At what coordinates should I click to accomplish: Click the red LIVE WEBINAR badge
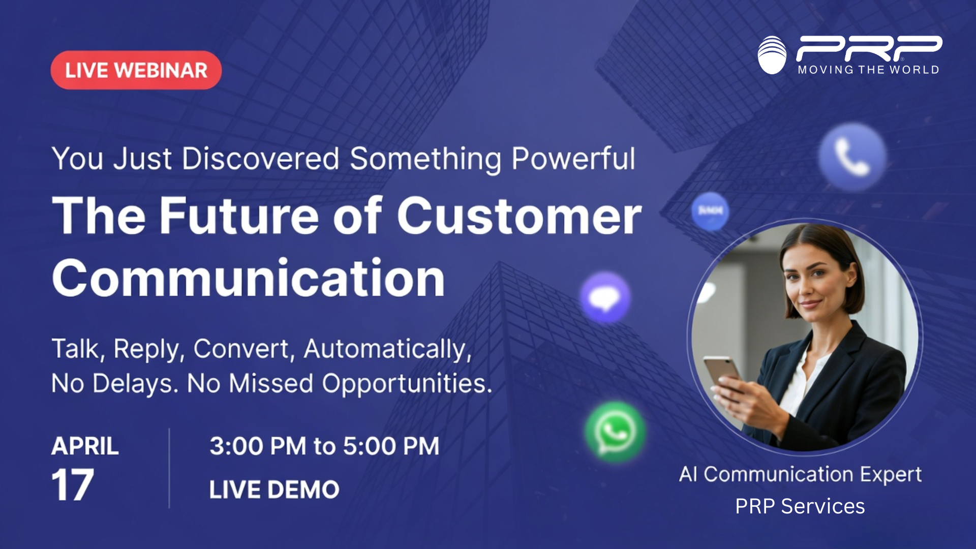[136, 70]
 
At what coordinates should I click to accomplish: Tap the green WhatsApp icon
[615, 432]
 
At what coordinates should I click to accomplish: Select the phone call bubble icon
[852, 157]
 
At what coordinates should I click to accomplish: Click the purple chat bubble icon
[605, 298]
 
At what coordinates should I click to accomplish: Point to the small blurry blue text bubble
[710, 210]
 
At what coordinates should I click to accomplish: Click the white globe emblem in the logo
[772, 55]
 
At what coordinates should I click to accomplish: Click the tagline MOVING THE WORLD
[868, 70]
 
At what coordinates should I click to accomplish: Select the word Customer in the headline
[518, 216]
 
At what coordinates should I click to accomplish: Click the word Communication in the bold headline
[249, 279]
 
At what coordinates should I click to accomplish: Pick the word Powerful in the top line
[573, 159]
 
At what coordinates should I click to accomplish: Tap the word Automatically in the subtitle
[387, 349]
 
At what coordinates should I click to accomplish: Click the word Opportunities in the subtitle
[407, 383]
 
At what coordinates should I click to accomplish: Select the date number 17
[72, 485]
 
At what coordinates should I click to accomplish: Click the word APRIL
[85, 446]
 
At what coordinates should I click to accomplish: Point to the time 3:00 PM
[258, 446]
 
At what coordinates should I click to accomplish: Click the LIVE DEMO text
[274, 490]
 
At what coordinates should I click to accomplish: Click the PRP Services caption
[800, 506]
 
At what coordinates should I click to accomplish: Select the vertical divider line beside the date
[169, 468]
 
